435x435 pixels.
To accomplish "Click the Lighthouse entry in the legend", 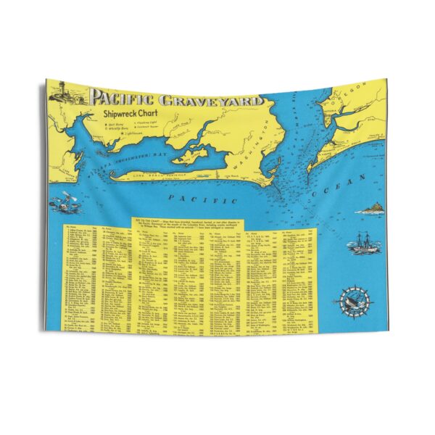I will (x=115, y=133).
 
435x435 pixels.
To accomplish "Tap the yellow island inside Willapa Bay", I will (x=190, y=154).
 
